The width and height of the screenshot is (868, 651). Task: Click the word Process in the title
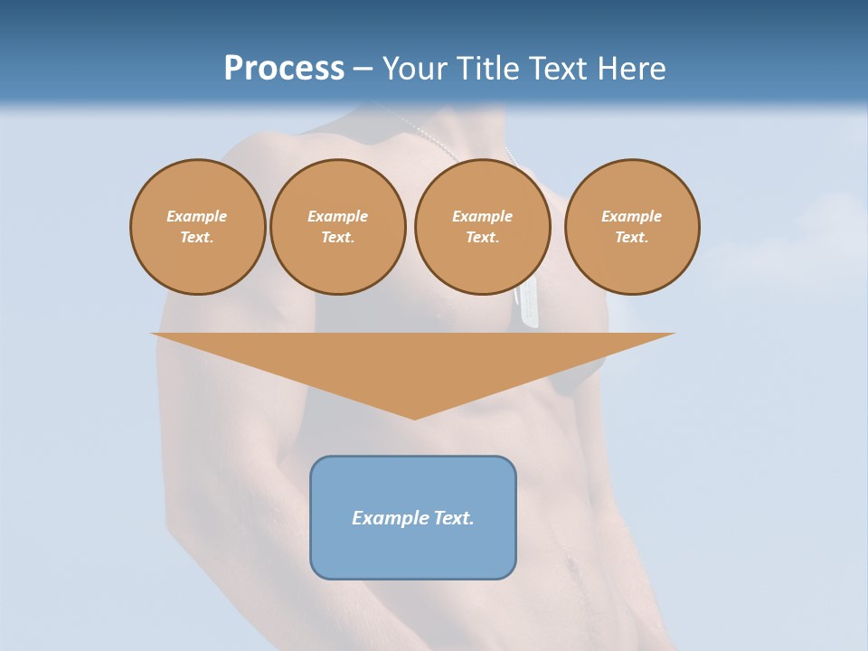pyautogui.click(x=284, y=69)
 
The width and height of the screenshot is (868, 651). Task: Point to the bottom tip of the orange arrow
pyautogui.click(x=414, y=417)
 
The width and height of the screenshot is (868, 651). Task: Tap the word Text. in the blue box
pyautogui.click(x=454, y=518)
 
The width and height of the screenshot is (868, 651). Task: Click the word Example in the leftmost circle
pyautogui.click(x=197, y=216)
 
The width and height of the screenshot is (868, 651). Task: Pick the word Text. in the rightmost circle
pyautogui.click(x=632, y=238)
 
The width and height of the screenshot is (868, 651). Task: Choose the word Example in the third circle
pyautogui.click(x=482, y=216)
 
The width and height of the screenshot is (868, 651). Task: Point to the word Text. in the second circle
pyautogui.click(x=337, y=238)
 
